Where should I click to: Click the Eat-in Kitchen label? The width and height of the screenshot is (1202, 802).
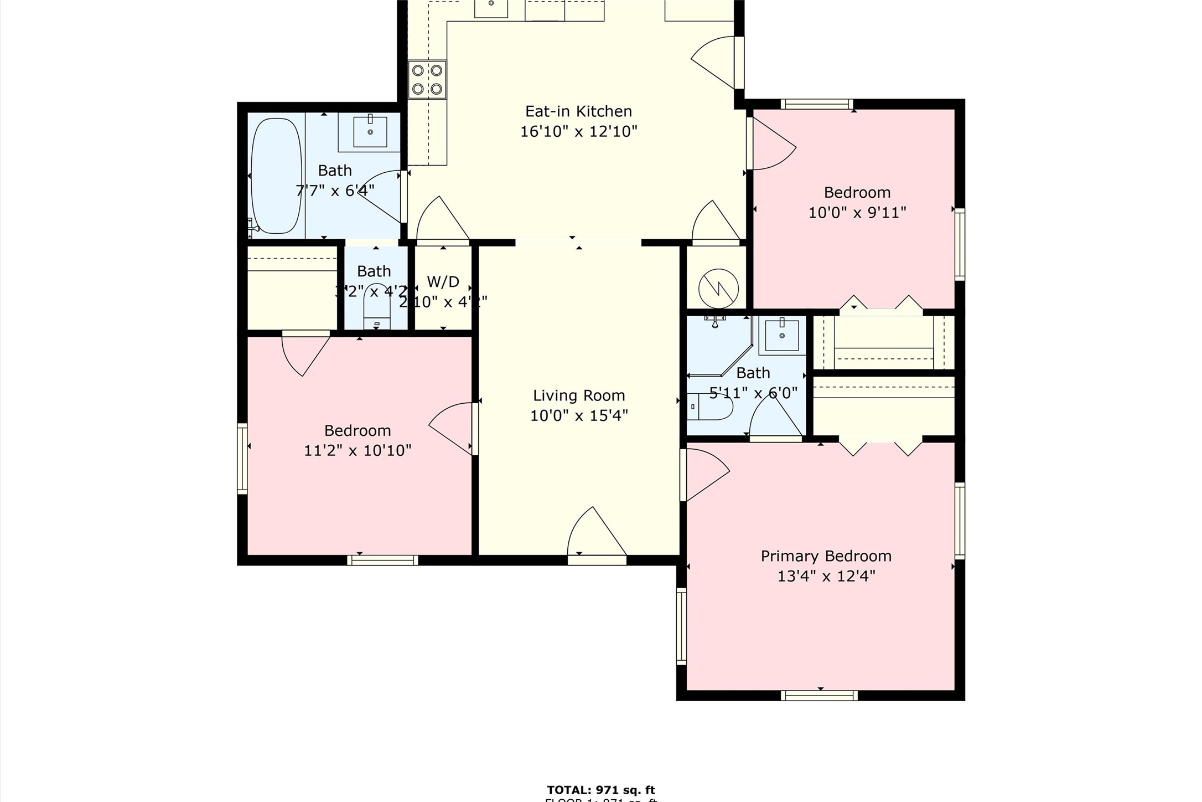click(x=578, y=111)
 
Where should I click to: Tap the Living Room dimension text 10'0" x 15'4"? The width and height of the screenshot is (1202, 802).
click(x=579, y=415)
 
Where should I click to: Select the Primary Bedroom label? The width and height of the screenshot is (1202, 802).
click(x=826, y=556)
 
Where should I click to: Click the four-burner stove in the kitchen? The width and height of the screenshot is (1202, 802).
click(x=427, y=80)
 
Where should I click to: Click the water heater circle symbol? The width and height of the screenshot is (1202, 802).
click(x=718, y=289)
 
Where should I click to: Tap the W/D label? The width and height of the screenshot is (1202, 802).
click(x=443, y=282)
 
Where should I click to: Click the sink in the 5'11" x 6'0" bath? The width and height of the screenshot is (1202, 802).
click(x=781, y=336)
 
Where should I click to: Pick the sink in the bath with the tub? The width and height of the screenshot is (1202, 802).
click(x=370, y=132)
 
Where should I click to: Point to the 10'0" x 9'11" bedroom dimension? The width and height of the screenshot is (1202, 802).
click(x=857, y=213)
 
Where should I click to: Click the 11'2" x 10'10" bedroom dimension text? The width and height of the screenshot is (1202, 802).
click(x=358, y=450)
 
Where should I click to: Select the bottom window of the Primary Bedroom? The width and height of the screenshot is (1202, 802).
click(x=819, y=696)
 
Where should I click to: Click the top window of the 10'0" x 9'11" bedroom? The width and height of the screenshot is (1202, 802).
click(x=817, y=104)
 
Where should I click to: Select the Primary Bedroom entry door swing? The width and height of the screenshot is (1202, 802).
click(x=706, y=474)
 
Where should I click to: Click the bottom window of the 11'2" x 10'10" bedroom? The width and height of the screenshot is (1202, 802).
click(x=382, y=560)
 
